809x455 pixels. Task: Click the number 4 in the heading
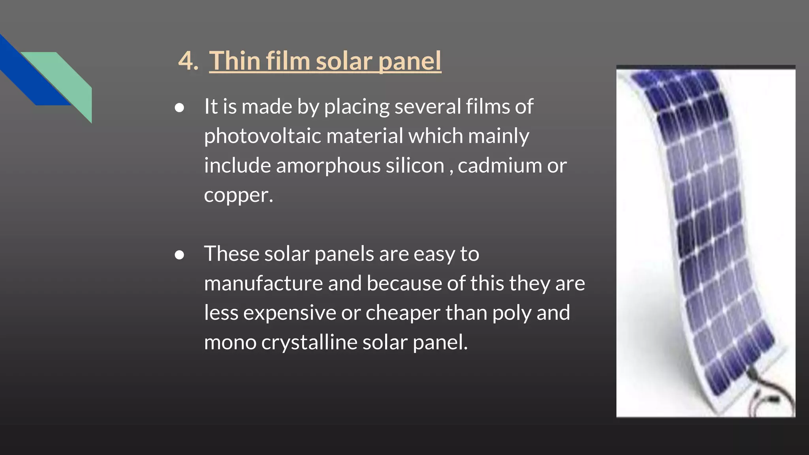186,61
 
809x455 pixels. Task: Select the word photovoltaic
262,136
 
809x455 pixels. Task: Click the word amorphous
328,165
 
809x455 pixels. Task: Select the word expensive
290,313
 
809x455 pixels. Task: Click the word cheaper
403,313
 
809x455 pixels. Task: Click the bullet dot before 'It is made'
179,108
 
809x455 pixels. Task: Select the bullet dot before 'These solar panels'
179,255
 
